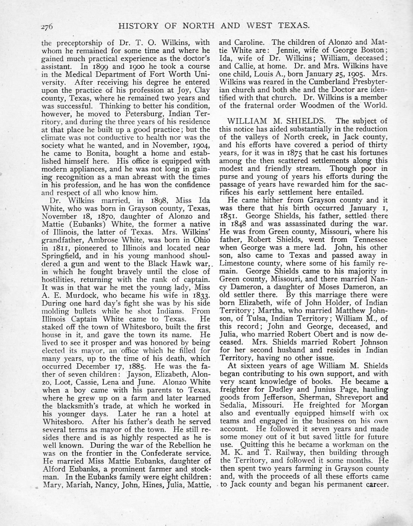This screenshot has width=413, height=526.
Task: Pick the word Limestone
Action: (x=238, y=263)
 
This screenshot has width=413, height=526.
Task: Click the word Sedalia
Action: (x=233, y=406)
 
